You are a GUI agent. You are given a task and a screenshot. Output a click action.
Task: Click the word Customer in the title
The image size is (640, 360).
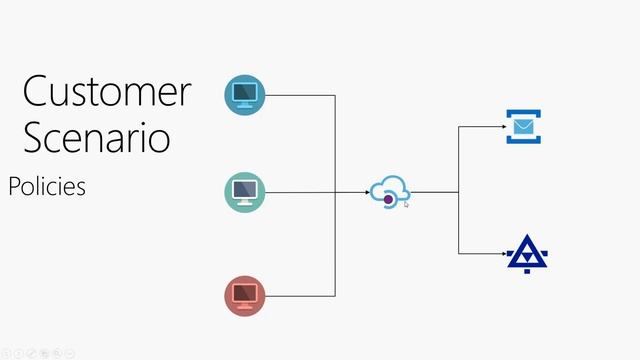(106, 92)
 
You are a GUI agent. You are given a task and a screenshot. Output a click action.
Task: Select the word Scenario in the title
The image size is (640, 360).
(96, 137)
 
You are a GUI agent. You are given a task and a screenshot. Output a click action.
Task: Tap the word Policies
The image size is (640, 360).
(47, 186)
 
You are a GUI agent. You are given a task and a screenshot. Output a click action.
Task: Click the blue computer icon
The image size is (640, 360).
(245, 94)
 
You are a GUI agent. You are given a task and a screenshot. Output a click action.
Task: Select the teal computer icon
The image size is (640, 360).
(245, 190)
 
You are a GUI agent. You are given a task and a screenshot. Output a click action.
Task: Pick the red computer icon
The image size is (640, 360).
(245, 295)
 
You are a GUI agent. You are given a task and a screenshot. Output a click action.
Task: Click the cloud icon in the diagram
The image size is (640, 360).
(390, 190)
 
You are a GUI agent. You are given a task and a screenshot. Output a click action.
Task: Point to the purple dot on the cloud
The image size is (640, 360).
(389, 200)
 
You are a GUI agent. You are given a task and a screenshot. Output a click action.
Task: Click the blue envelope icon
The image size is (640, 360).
(522, 128)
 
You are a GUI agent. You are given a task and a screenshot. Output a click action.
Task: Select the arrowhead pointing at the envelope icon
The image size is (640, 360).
(502, 127)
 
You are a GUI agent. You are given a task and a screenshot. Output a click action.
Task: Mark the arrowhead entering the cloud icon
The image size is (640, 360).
(366, 191)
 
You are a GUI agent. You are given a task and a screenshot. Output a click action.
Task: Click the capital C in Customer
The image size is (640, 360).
(38, 92)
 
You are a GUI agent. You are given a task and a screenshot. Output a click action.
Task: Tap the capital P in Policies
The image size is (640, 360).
(14, 186)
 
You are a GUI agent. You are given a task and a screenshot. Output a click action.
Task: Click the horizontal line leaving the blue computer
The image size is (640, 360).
(300, 95)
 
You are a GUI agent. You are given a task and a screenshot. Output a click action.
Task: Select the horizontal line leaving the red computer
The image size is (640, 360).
(300, 295)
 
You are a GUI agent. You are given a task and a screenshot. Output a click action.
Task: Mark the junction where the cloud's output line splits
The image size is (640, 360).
(459, 191)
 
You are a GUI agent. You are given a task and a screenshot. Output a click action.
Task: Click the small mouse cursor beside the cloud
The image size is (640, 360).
(407, 203)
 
